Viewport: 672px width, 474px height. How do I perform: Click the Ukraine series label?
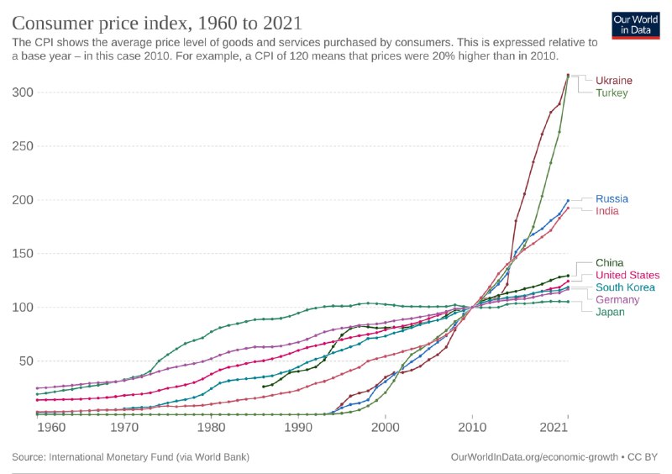pos(614,81)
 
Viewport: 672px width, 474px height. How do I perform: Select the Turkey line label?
pos(612,92)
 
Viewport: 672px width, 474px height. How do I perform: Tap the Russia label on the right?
pos(612,199)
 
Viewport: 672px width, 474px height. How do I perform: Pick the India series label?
pos(607,211)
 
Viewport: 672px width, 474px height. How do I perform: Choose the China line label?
pos(609,263)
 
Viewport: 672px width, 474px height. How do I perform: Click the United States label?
pos(627,275)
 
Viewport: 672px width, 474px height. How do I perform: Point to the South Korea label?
pos(625,287)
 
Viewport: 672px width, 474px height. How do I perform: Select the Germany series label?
pos(617,300)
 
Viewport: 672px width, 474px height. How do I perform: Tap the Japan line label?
pos(610,312)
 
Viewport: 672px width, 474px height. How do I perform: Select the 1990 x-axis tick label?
pos(298,428)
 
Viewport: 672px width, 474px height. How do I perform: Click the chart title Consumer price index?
pos(157,21)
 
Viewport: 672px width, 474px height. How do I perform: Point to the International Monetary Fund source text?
pos(131,457)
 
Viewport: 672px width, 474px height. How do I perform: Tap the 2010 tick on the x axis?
pos(472,428)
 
